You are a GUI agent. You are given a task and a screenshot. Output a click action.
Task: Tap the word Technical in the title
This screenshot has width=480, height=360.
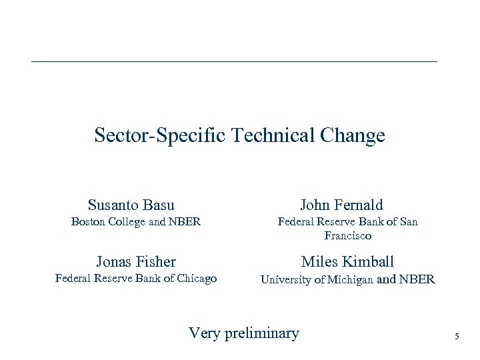(273, 136)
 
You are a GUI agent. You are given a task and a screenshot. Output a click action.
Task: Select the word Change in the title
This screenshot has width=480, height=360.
(352, 136)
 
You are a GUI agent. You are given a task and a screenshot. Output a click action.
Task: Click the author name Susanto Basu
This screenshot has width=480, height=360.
(131, 205)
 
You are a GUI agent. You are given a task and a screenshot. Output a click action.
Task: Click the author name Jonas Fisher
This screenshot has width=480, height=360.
(136, 261)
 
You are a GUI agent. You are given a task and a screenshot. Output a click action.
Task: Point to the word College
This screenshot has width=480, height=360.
(131, 222)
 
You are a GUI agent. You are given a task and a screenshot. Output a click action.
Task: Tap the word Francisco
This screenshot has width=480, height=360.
(347, 236)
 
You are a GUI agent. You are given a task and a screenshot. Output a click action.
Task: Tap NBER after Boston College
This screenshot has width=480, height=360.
(186, 222)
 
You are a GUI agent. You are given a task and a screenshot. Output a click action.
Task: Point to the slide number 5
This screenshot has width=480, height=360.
(457, 337)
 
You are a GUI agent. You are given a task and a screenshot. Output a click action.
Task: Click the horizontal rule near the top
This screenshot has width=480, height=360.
(234, 62)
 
